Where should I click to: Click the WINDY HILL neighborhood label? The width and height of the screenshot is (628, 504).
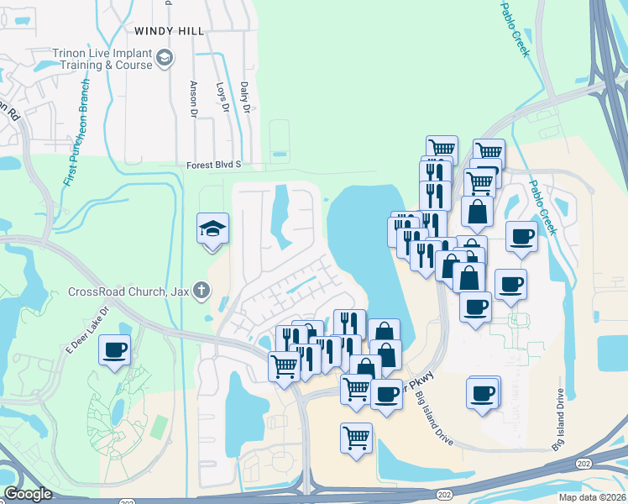tap(169, 30)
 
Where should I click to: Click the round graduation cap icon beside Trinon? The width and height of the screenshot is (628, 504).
tap(165, 58)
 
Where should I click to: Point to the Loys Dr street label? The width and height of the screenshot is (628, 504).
tap(222, 97)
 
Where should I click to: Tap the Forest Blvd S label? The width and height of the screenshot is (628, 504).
tap(214, 165)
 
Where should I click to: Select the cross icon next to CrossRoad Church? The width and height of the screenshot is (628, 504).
tap(201, 291)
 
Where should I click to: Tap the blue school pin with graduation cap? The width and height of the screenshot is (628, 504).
tap(212, 229)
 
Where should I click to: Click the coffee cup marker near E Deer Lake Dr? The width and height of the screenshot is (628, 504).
tap(115, 350)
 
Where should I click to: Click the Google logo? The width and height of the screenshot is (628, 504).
tap(28, 494)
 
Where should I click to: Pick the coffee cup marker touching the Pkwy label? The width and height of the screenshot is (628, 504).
tap(386, 393)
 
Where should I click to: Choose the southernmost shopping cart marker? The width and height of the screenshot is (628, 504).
tap(357, 438)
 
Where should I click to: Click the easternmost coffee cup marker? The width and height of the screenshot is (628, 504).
tap(521, 236)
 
